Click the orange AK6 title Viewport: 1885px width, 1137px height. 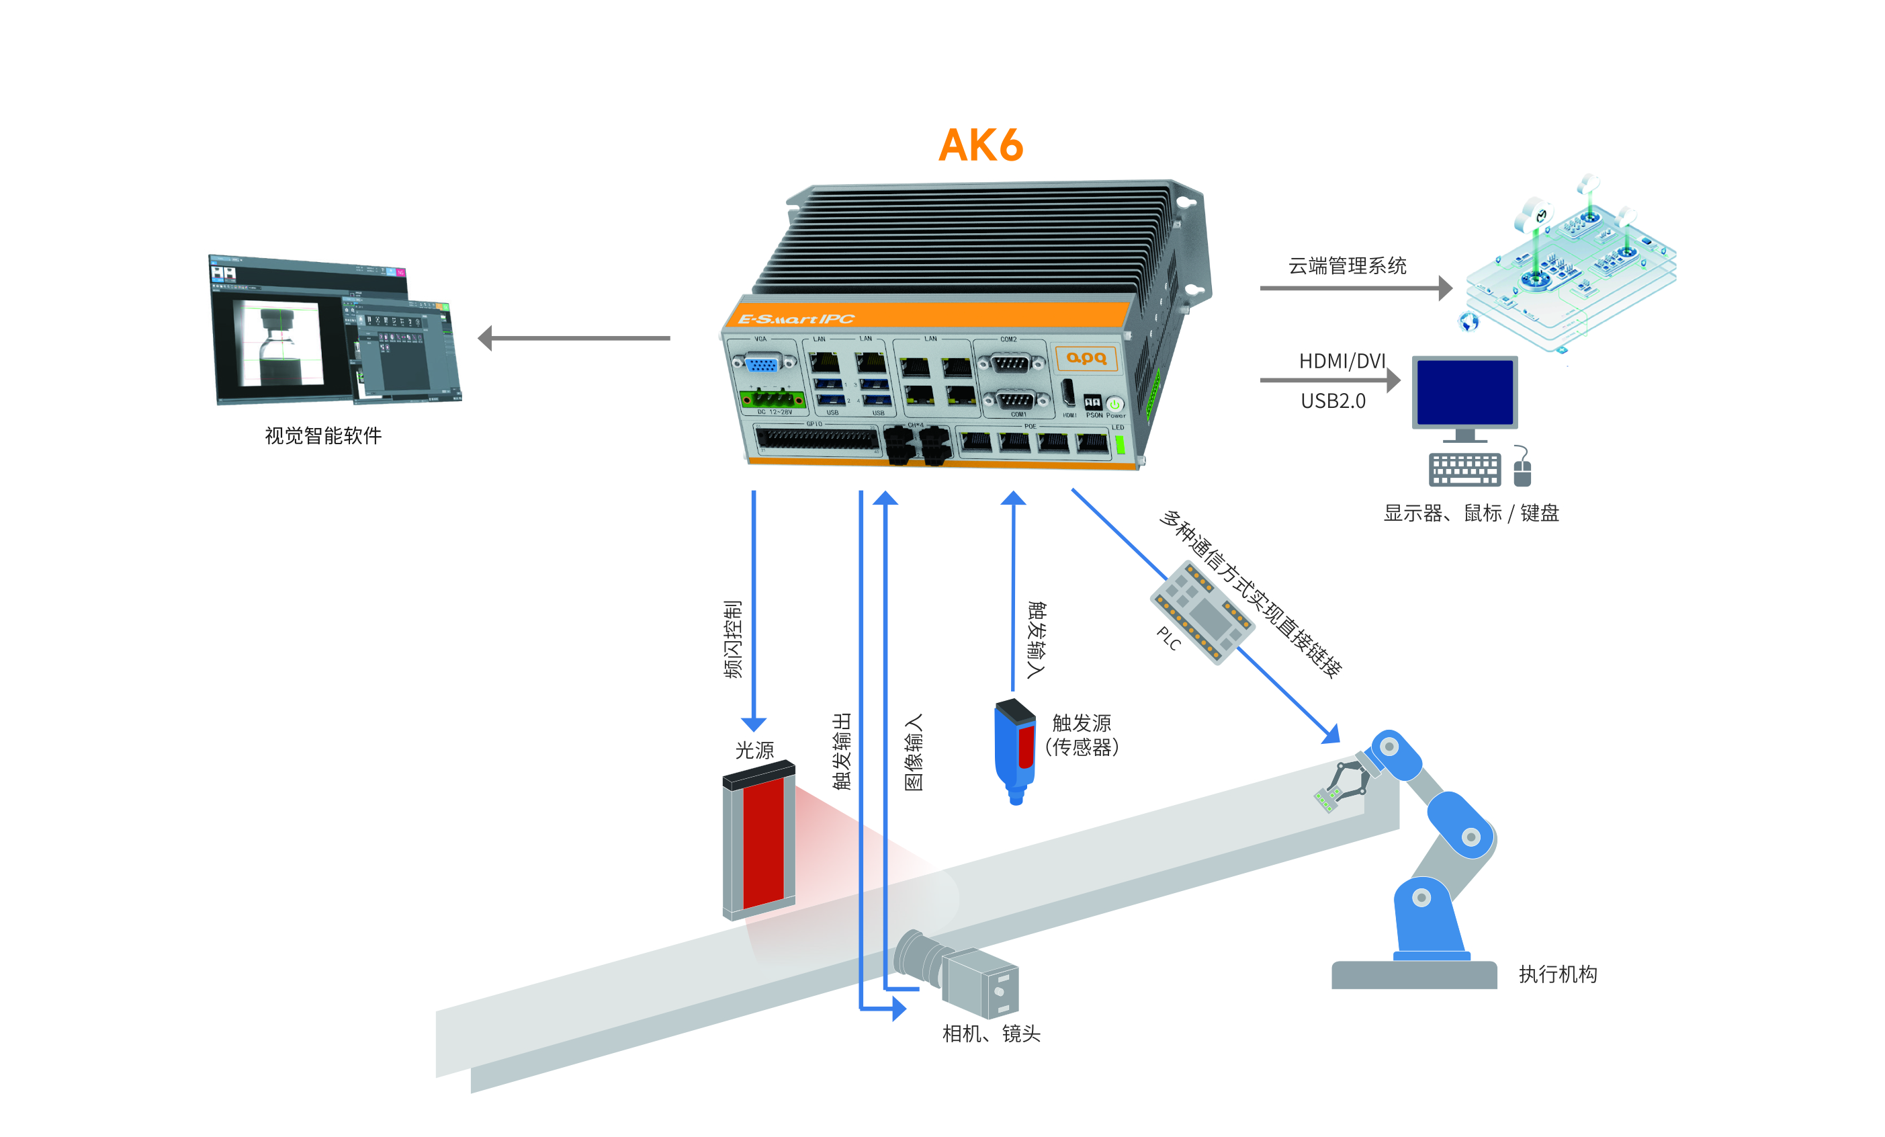pyautogui.click(x=980, y=144)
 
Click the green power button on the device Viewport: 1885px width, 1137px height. pyautogui.click(x=1114, y=403)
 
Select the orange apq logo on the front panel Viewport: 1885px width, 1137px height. pyautogui.click(x=1086, y=358)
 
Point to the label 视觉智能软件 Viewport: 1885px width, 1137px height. pyautogui.click(x=323, y=436)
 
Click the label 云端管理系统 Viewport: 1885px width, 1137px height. pyautogui.click(x=1347, y=266)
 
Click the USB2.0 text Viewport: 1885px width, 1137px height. pyautogui.click(x=1333, y=401)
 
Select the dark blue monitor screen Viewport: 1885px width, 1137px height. pyautogui.click(x=1464, y=392)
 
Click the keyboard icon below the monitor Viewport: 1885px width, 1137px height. pyautogui.click(x=1464, y=469)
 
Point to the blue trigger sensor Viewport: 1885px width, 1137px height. pyautogui.click(x=1014, y=750)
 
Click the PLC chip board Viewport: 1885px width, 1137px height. pyautogui.click(x=1202, y=613)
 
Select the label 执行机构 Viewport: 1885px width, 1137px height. pyautogui.click(x=1558, y=974)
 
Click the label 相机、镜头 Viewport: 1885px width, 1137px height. pyautogui.click(x=991, y=1034)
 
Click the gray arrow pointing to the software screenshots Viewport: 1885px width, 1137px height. pyautogui.click(x=574, y=337)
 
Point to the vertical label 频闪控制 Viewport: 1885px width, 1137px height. pyautogui.click(x=733, y=639)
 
